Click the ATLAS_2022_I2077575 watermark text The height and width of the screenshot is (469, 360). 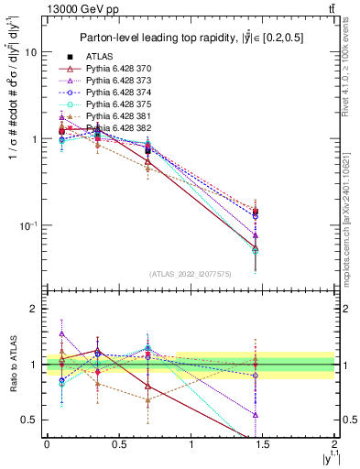191,273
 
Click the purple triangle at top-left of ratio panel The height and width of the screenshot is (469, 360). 61,333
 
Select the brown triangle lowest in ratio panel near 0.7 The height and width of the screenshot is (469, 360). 147,399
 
